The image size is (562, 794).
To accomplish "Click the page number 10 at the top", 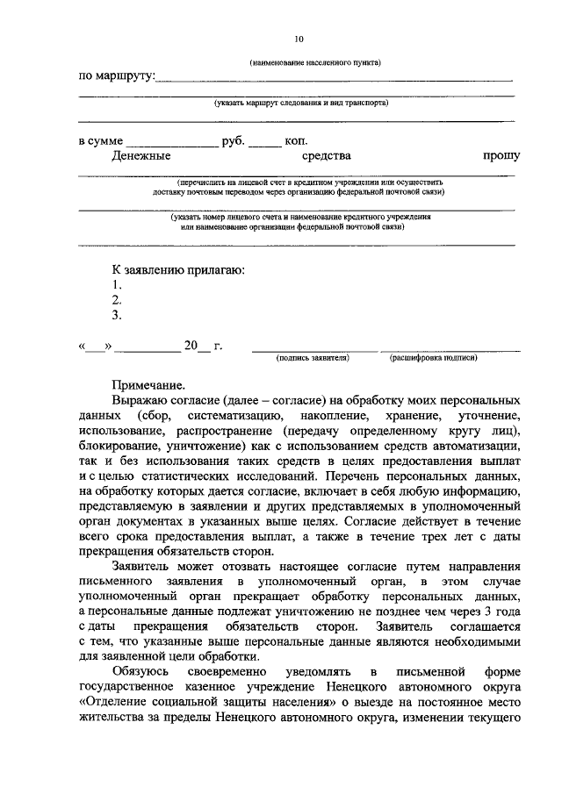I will (299, 39).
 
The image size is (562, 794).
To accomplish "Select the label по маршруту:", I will (117, 77).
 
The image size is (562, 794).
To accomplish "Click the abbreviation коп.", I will (296, 140).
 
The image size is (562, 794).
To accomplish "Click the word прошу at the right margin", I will (501, 156).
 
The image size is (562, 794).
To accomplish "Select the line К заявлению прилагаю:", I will (177, 269).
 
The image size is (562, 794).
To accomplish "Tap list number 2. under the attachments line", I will (116, 300).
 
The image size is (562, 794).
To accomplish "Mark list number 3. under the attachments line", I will (116, 315).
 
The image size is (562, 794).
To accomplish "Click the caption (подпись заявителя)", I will (313, 359).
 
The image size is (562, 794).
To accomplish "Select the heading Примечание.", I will (148, 383).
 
